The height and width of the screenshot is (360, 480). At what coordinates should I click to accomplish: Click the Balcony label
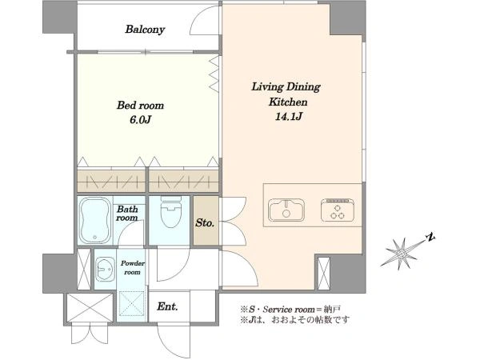(145, 30)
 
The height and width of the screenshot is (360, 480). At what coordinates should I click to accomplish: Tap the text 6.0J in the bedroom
(141, 120)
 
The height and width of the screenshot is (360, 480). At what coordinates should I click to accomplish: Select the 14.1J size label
(289, 117)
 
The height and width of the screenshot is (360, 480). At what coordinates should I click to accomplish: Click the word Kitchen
(288, 102)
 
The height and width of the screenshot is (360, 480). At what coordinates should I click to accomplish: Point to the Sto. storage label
(205, 223)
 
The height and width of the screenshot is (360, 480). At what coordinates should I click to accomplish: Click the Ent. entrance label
(167, 306)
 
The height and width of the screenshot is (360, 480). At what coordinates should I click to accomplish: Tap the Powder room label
(132, 268)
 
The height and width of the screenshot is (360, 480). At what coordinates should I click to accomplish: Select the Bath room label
(127, 214)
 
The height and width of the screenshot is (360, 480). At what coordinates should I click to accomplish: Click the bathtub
(95, 220)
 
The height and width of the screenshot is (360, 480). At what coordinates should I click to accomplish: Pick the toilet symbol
(170, 211)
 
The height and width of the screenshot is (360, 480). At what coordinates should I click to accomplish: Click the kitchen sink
(286, 210)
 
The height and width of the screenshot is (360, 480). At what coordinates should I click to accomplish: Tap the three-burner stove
(338, 210)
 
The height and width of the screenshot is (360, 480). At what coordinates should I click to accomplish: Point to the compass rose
(401, 254)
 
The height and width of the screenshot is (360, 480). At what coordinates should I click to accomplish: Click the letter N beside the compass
(430, 238)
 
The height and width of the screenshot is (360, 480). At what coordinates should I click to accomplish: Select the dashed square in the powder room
(132, 303)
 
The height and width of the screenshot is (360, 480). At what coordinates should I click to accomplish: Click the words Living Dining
(286, 87)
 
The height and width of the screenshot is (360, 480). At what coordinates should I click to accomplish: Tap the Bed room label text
(140, 106)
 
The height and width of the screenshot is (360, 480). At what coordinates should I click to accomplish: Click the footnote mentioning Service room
(290, 309)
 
